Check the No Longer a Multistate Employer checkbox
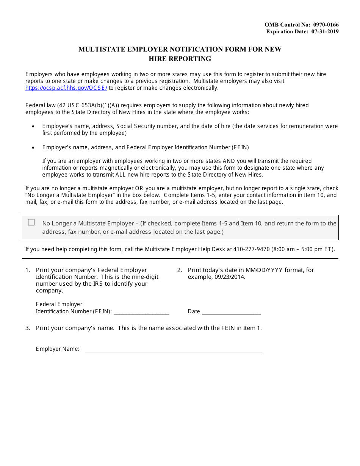click(x=31, y=223)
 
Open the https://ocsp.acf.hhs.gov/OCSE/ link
click(x=66, y=88)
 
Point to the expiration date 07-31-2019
click(x=325, y=31)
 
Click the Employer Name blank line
click(x=173, y=349)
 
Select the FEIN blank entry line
click(x=141, y=311)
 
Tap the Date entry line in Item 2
click(x=231, y=311)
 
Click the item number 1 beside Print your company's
click(x=27, y=270)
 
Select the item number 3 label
click(x=27, y=328)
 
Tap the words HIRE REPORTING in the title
click(x=180, y=59)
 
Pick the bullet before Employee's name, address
click(x=33, y=127)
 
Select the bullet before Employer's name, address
click(x=33, y=148)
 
